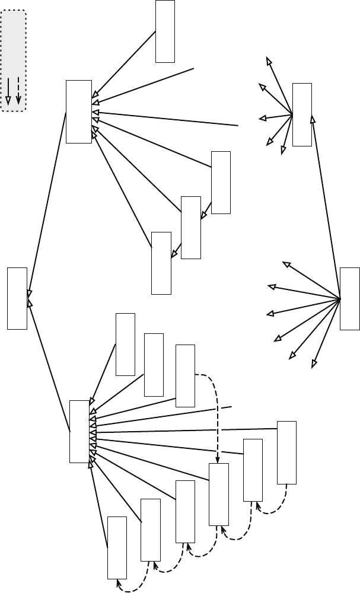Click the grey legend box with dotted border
pyautogui.click(x=14, y=59)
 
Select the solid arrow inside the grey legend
pyautogui.click(x=8, y=91)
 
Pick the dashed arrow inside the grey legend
pyautogui.click(x=19, y=91)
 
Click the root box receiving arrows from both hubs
pyautogui.click(x=17, y=298)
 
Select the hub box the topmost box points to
pyautogui.click(x=79, y=111)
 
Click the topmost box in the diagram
pyautogui.click(x=165, y=31)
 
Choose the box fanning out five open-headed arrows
pyautogui.click(x=302, y=114)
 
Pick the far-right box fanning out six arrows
pyautogui.click(x=349, y=298)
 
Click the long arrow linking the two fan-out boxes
pyautogui.click(x=326, y=208)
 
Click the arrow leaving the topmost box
pyautogui.click(x=125, y=65)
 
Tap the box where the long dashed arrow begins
pyautogui.click(x=185, y=375)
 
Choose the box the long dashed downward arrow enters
pyautogui.click(x=218, y=494)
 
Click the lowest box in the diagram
pyautogui.click(x=117, y=547)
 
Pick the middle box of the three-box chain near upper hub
pyautogui.click(x=190, y=227)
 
